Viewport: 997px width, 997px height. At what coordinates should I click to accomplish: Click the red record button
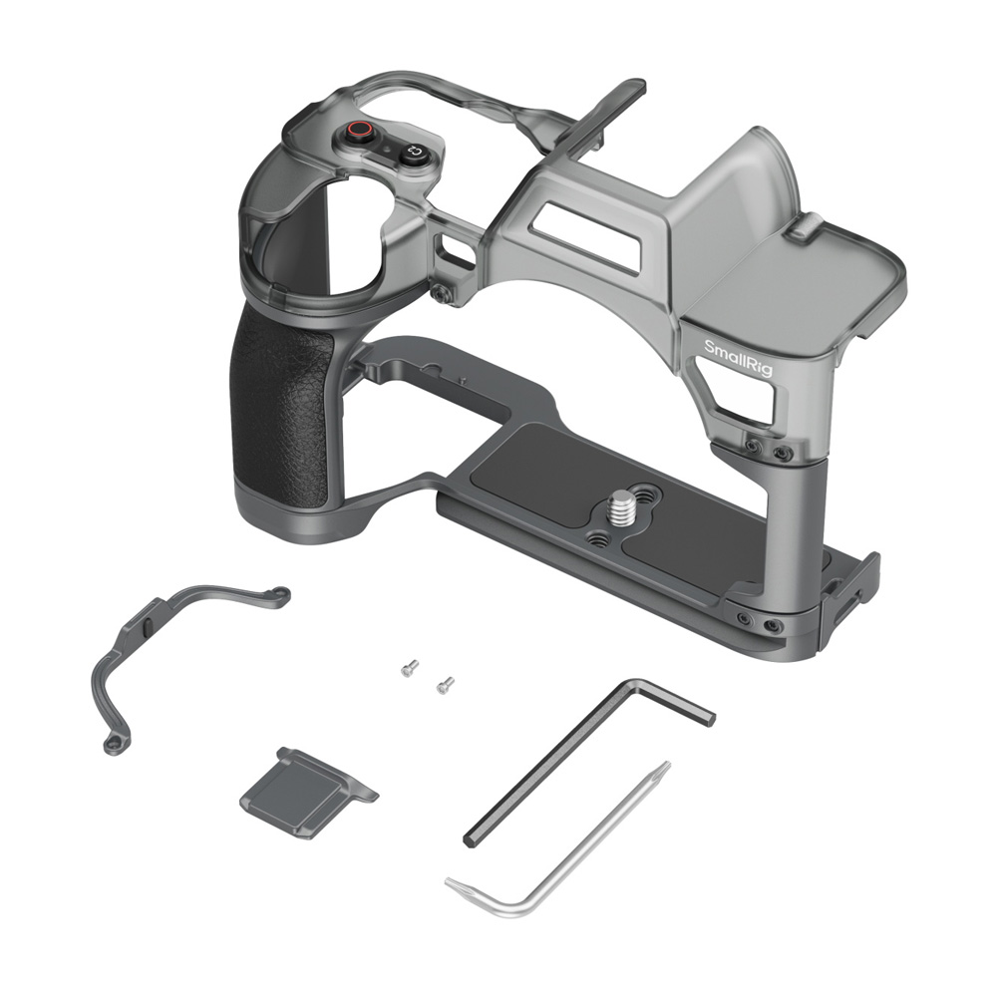tap(361, 131)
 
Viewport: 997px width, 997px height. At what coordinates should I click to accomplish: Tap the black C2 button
tap(414, 153)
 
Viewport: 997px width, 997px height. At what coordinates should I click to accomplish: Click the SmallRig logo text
tap(738, 357)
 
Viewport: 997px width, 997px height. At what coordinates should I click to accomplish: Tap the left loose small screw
tap(410, 668)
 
